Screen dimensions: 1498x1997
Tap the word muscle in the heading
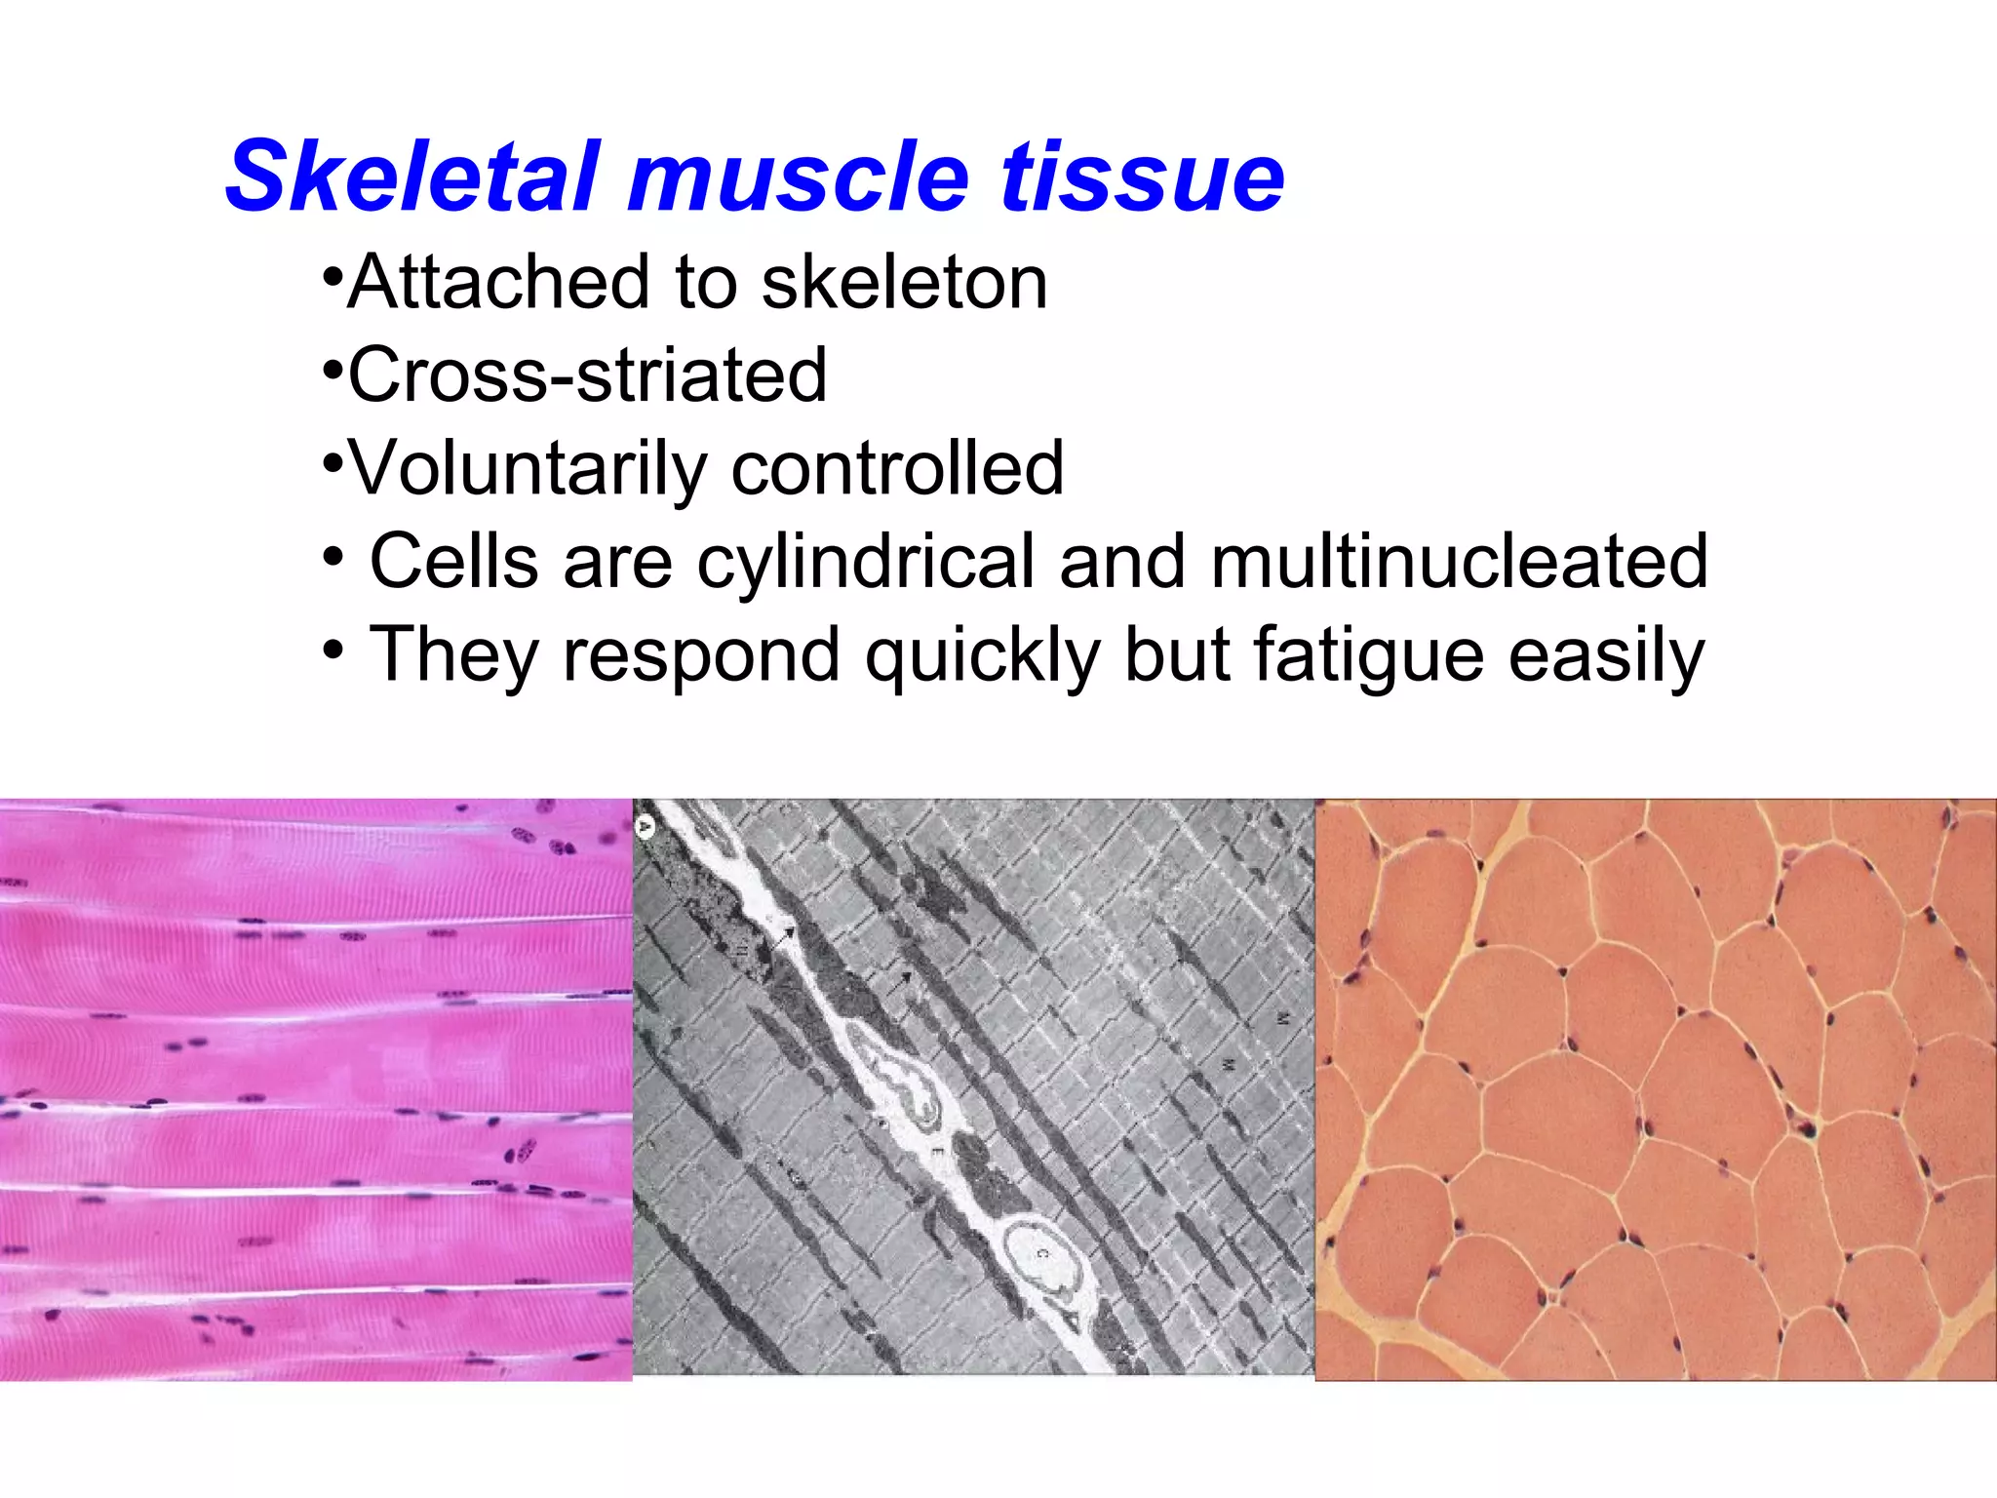click(x=800, y=177)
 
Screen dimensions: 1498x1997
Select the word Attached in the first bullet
click(x=498, y=283)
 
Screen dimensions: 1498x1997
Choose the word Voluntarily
click(x=528, y=469)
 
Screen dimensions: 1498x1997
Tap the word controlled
click(x=897, y=469)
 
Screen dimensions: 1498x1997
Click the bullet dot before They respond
click(x=333, y=649)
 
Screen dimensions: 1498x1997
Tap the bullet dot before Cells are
click(x=333, y=556)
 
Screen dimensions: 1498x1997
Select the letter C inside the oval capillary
click(x=1041, y=1252)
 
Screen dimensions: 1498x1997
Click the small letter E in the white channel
click(x=939, y=1153)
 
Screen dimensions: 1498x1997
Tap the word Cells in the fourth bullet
click(x=453, y=562)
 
